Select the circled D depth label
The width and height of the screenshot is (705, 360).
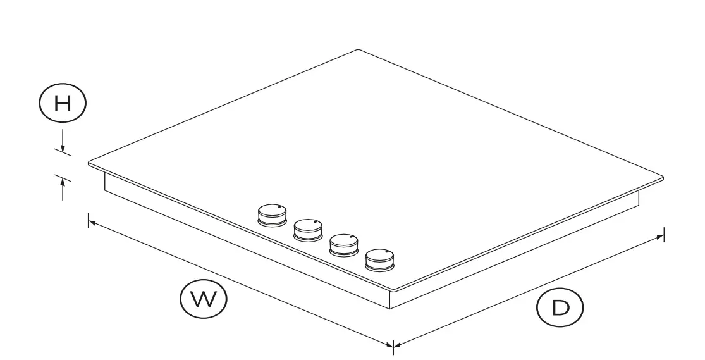560,308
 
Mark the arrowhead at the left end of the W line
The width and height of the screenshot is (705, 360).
92,223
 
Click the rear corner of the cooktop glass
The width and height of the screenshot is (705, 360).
358,50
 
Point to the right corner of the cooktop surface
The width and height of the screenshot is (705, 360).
663,177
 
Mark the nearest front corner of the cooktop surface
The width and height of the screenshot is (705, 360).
393,290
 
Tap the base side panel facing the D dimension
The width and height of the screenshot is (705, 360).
518,254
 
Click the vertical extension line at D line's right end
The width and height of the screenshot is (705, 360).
663,234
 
